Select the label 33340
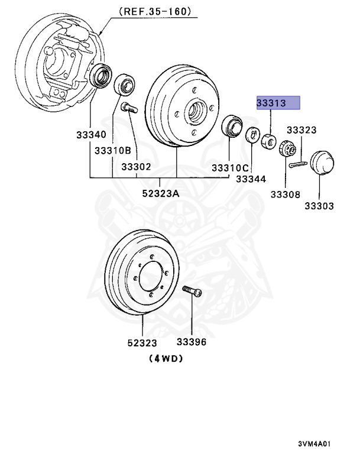click(90, 134)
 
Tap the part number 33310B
click(112, 151)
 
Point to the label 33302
click(137, 167)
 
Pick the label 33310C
click(230, 167)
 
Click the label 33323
click(301, 130)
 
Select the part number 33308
click(286, 194)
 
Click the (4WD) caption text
click(166, 358)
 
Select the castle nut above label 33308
click(286, 148)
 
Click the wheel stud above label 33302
click(129, 108)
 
